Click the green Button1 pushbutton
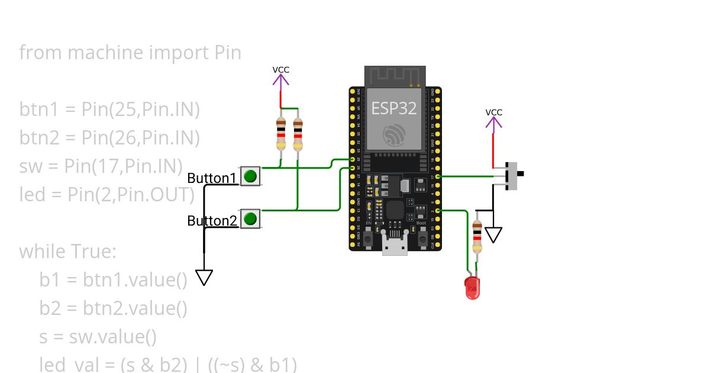pos(250,176)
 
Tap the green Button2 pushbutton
pos(250,218)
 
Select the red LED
pos(472,287)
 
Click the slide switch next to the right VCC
pos(515,175)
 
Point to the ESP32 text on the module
pos(394,108)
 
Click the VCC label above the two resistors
pos(281,69)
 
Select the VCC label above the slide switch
pos(494,112)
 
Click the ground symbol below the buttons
pos(204,278)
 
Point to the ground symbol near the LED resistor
pos(493,235)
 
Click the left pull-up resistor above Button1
pos(281,134)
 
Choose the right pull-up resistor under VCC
pos(298,134)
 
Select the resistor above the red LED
pos(477,236)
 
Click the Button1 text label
pos(212,178)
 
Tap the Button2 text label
pos(212,221)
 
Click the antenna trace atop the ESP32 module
pos(395,75)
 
